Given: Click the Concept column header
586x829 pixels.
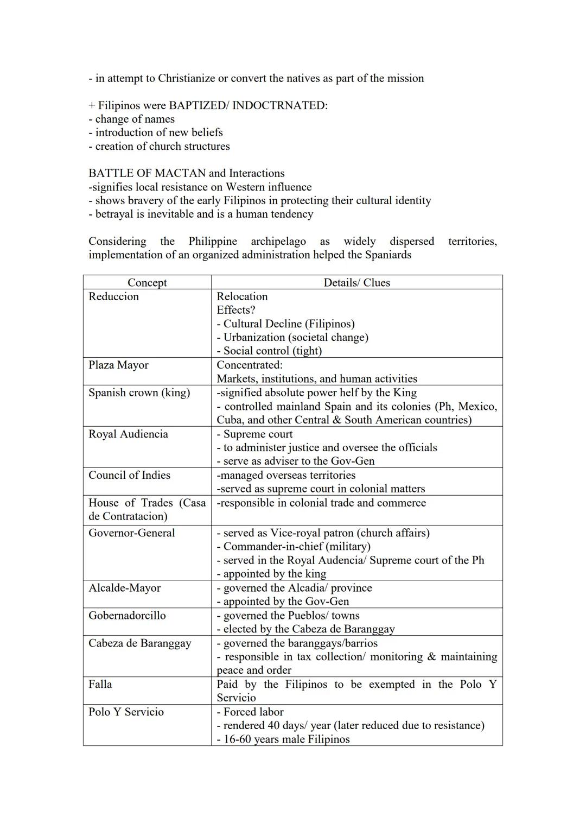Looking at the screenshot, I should click(147, 283).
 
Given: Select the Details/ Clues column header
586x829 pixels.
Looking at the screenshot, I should click(356, 283).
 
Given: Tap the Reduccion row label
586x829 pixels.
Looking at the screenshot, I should click(114, 296).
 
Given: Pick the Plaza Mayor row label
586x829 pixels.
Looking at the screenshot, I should click(118, 365).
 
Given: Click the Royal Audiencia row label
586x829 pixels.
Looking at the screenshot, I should click(128, 434).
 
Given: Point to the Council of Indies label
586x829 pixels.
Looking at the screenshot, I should click(129, 475).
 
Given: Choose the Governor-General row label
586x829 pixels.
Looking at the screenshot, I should click(132, 533).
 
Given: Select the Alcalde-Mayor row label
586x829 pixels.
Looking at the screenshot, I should click(125, 588).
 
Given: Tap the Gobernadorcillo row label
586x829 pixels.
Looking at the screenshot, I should click(127, 615).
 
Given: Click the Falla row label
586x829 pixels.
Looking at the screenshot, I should click(100, 684).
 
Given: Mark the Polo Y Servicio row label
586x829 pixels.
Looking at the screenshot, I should click(126, 712).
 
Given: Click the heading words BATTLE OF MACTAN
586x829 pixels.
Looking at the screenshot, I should click(147, 173).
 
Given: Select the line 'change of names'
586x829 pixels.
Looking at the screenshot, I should click(135, 119).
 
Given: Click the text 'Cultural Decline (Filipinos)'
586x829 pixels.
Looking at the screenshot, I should click(289, 324).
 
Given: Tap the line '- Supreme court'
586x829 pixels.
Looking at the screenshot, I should click(254, 434).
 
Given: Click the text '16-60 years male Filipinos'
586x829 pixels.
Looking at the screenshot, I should click(286, 739).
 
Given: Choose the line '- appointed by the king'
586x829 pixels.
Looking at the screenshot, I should click(271, 574).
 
